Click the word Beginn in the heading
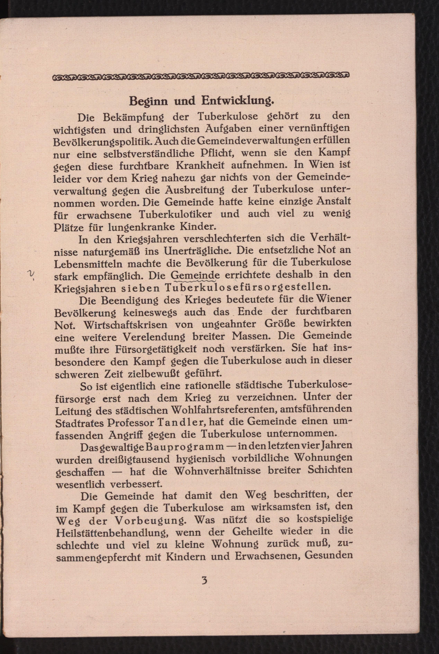(x=149, y=101)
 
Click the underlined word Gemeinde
(x=195, y=275)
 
